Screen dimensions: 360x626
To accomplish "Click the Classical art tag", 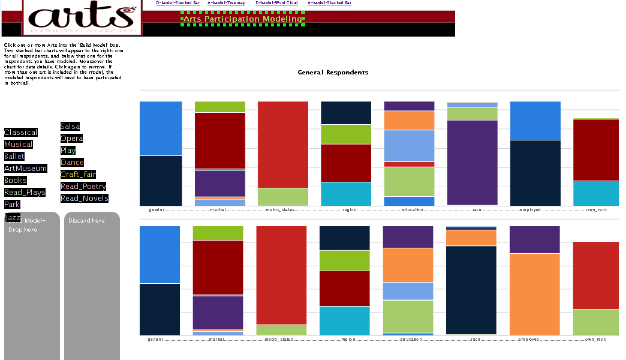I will pyautogui.click(x=21, y=133).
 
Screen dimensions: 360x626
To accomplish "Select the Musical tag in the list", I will pyautogui.click(x=19, y=145).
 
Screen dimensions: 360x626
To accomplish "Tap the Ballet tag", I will pyautogui.click(x=14, y=157).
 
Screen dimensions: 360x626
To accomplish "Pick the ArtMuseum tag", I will pyautogui.click(x=25, y=169).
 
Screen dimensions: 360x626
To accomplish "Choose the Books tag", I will pyautogui.click(x=16, y=181).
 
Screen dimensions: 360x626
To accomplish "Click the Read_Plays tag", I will pyautogui.click(x=25, y=193).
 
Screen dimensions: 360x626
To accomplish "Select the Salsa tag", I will pyautogui.click(x=70, y=127).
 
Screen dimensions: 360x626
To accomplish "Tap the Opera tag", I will pyautogui.click(x=71, y=139).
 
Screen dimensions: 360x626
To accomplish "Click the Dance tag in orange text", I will pyautogui.click(x=72, y=163).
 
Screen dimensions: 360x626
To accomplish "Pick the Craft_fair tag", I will pyautogui.click(x=79, y=175).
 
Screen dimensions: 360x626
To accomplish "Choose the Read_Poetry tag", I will pyautogui.click(x=83, y=187).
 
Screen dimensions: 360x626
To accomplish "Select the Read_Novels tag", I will pyautogui.click(x=85, y=199).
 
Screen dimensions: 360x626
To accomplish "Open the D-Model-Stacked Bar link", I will pyautogui.click(x=177, y=3).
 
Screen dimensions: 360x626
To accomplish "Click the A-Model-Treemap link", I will pyautogui.click(x=223, y=3).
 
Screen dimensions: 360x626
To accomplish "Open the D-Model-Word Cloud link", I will pyautogui.click(x=276, y=3).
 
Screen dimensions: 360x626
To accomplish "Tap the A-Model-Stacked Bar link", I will pyautogui.click(x=329, y=3).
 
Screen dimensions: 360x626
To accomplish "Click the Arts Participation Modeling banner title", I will pyautogui.click(x=243, y=19).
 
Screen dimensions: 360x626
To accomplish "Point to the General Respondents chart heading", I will pyautogui.click(x=333, y=73).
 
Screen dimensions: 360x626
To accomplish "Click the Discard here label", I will pyautogui.click(x=86, y=221).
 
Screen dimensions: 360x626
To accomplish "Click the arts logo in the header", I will pyautogui.click(x=82, y=17).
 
